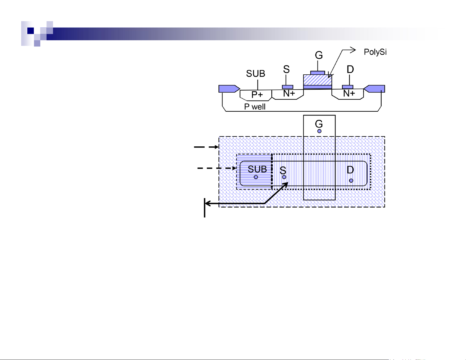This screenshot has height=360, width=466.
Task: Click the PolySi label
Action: click(x=375, y=52)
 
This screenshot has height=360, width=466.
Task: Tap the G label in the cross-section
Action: click(x=319, y=55)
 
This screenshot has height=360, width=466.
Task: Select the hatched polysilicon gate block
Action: click(x=318, y=80)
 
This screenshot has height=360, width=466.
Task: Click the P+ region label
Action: click(x=257, y=95)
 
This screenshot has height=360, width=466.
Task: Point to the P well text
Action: click(x=255, y=107)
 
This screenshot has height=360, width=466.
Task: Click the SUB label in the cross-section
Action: click(x=255, y=74)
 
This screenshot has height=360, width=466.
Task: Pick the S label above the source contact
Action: click(x=286, y=69)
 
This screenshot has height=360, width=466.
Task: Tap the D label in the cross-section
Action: click(x=350, y=69)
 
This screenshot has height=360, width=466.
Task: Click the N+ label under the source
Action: click(x=289, y=93)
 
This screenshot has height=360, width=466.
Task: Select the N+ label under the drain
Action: click(x=349, y=93)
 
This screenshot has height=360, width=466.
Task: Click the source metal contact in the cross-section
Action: click(x=287, y=87)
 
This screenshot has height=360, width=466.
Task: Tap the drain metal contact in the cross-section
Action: click(x=348, y=87)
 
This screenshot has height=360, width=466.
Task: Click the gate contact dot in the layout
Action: click(x=319, y=131)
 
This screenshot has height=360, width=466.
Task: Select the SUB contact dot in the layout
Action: click(x=256, y=177)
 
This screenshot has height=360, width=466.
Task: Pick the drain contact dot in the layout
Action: click(x=351, y=181)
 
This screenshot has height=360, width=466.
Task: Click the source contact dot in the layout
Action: click(x=284, y=177)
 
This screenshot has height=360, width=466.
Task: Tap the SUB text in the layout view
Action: click(x=257, y=169)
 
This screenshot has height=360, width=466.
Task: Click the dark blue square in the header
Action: click(x=31, y=31)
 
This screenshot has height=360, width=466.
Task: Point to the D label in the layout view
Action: click(x=350, y=170)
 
